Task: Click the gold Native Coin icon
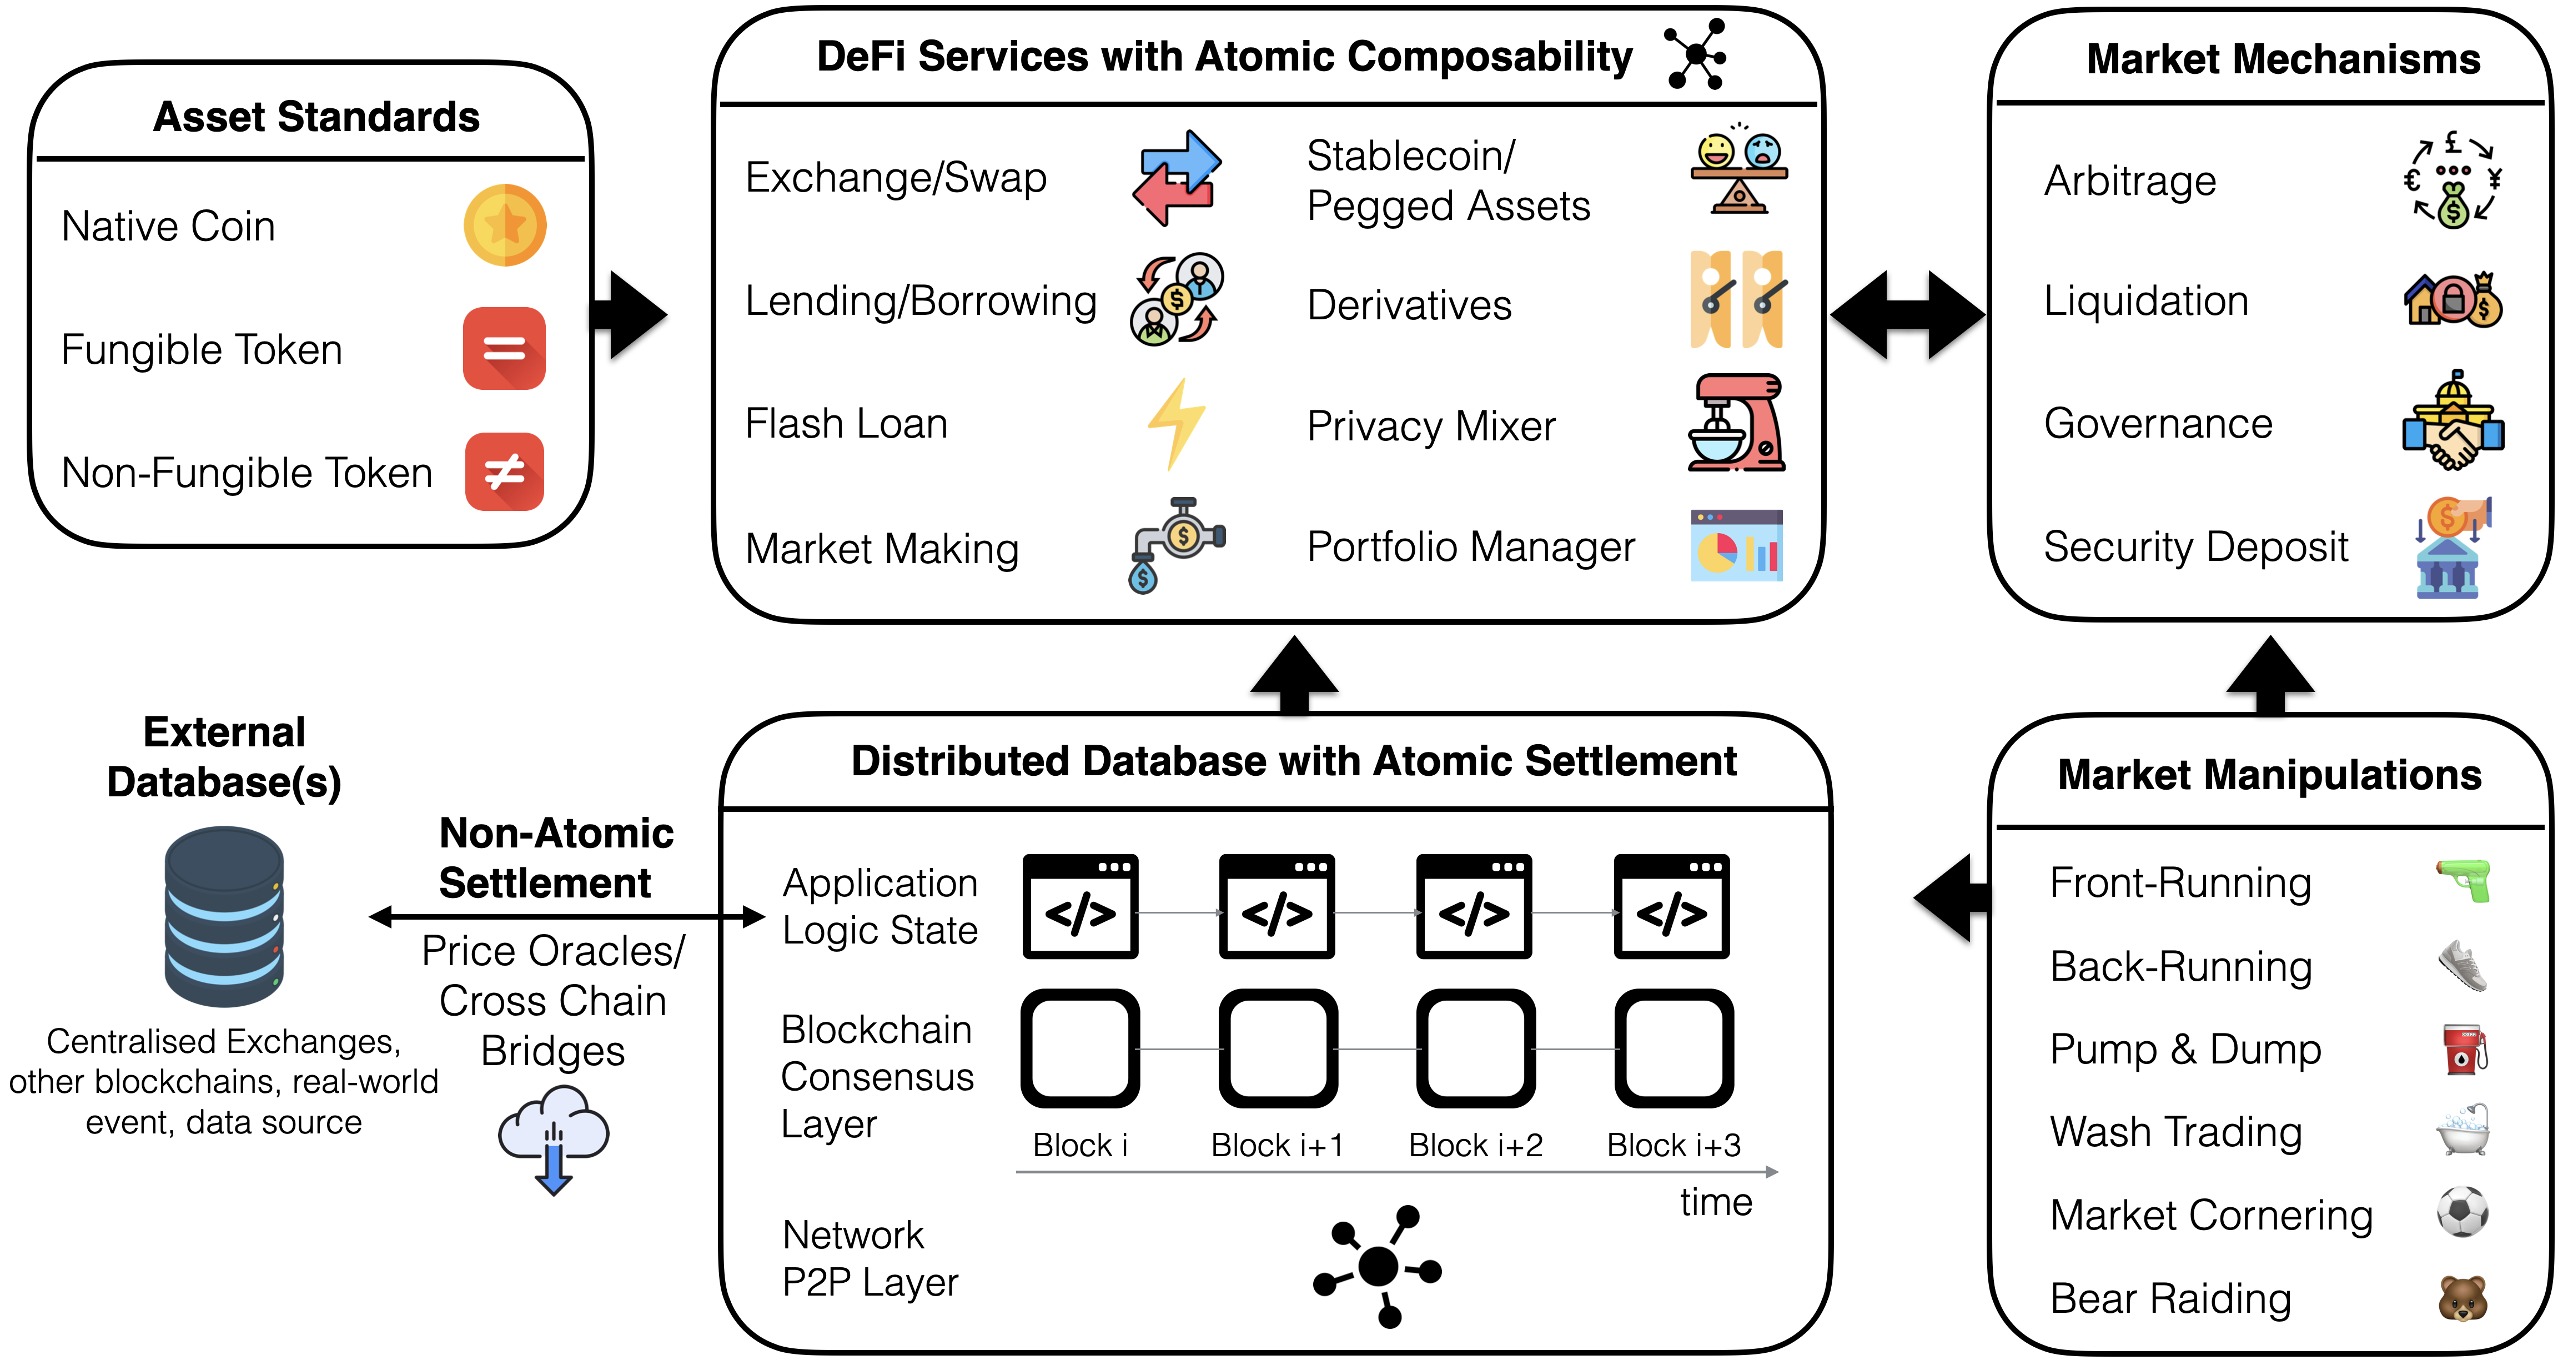(x=505, y=225)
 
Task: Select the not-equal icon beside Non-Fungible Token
(x=505, y=471)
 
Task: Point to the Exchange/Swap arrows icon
(x=1177, y=178)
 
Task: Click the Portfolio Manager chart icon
(x=1736, y=545)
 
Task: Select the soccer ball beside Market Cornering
(x=2463, y=1212)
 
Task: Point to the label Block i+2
(x=1475, y=1145)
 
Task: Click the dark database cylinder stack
(x=224, y=916)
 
